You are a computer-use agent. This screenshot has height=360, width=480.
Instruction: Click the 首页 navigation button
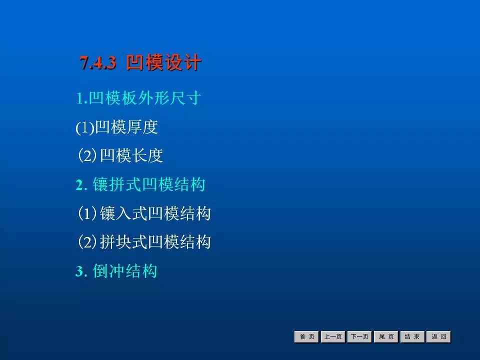point(306,336)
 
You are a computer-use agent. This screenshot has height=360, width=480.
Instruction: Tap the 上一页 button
point(333,336)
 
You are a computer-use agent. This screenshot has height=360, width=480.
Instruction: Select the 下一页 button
point(359,336)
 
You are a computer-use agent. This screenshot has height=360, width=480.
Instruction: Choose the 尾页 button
point(386,336)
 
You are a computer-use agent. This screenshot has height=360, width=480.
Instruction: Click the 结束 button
point(412,336)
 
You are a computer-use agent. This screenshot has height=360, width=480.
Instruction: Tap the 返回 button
point(438,336)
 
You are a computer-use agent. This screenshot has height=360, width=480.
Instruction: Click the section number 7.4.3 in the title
point(98,63)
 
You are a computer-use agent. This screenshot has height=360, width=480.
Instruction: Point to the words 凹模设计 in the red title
point(163,62)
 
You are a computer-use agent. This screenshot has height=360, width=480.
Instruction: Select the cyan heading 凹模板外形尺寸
point(145,98)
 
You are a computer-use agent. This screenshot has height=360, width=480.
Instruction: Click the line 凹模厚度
point(126,126)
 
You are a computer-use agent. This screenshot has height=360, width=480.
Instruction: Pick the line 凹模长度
point(131,155)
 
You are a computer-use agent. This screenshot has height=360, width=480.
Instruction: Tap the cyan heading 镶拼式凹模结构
point(149,184)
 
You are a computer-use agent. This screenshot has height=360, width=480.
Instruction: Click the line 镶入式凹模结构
point(155,213)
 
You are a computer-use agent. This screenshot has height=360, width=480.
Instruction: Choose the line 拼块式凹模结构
point(155,242)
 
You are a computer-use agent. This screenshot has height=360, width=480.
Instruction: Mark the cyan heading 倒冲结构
point(125,271)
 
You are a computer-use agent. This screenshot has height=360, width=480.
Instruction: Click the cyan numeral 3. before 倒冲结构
point(81,271)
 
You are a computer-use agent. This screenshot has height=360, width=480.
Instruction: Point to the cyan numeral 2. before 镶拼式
point(81,185)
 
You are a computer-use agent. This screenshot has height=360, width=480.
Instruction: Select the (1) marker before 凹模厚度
point(85,127)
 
